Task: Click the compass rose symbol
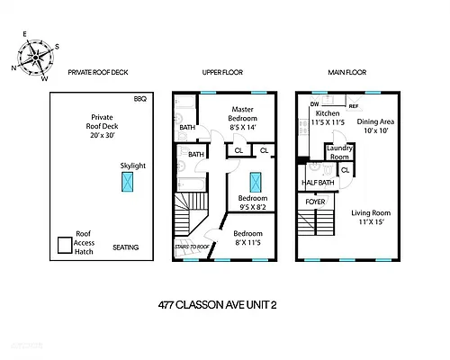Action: (x=34, y=56)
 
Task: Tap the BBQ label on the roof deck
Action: (x=139, y=99)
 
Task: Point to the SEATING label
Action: (x=126, y=247)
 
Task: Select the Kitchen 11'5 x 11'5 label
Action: (x=327, y=117)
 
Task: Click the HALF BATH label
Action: (x=317, y=184)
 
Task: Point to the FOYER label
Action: (x=315, y=202)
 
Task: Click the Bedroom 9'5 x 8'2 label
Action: (x=253, y=202)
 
